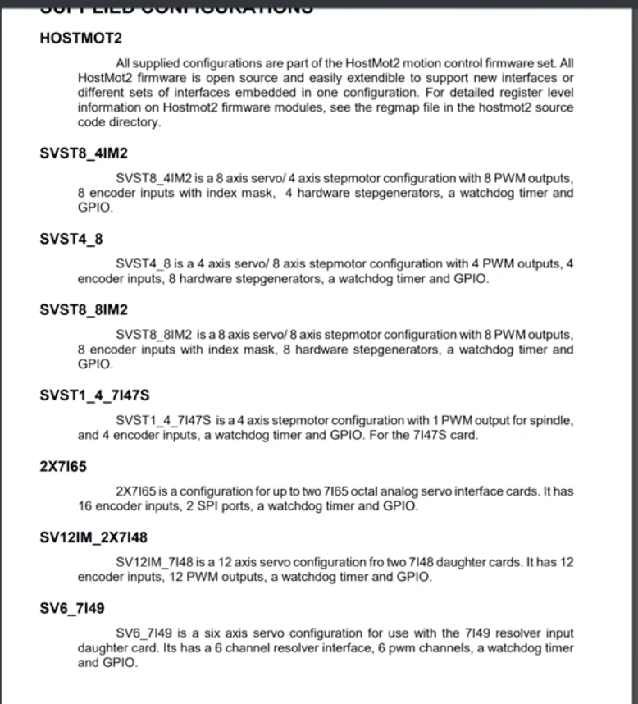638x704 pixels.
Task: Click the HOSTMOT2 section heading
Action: (80, 38)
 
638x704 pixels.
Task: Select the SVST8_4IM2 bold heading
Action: (84, 153)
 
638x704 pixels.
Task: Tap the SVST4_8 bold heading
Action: (71, 239)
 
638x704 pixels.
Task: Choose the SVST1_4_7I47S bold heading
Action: (94, 395)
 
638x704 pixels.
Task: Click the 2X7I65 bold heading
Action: (63, 467)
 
